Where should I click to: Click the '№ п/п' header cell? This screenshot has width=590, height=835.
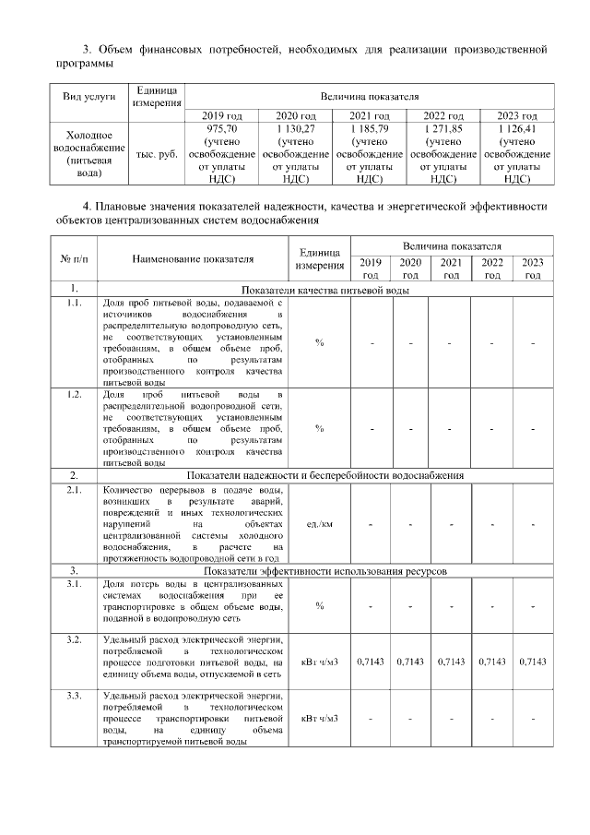[x=73, y=259]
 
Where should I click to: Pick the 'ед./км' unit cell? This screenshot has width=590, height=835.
[x=320, y=523]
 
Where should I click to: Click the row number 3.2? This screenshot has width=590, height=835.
[x=73, y=639]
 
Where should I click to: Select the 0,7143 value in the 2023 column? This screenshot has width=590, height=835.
[x=533, y=662]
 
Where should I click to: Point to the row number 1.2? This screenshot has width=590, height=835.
[x=73, y=394]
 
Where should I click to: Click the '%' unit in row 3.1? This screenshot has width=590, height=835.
[x=320, y=606]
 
